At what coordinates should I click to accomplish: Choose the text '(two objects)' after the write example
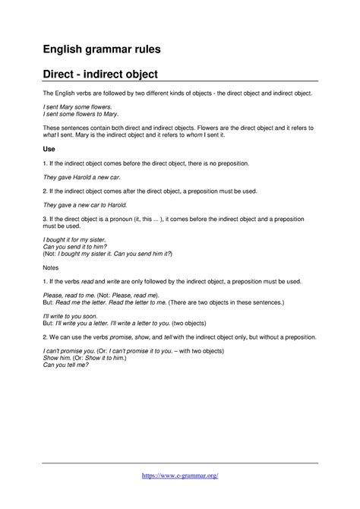pyautogui.click(x=220, y=321)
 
